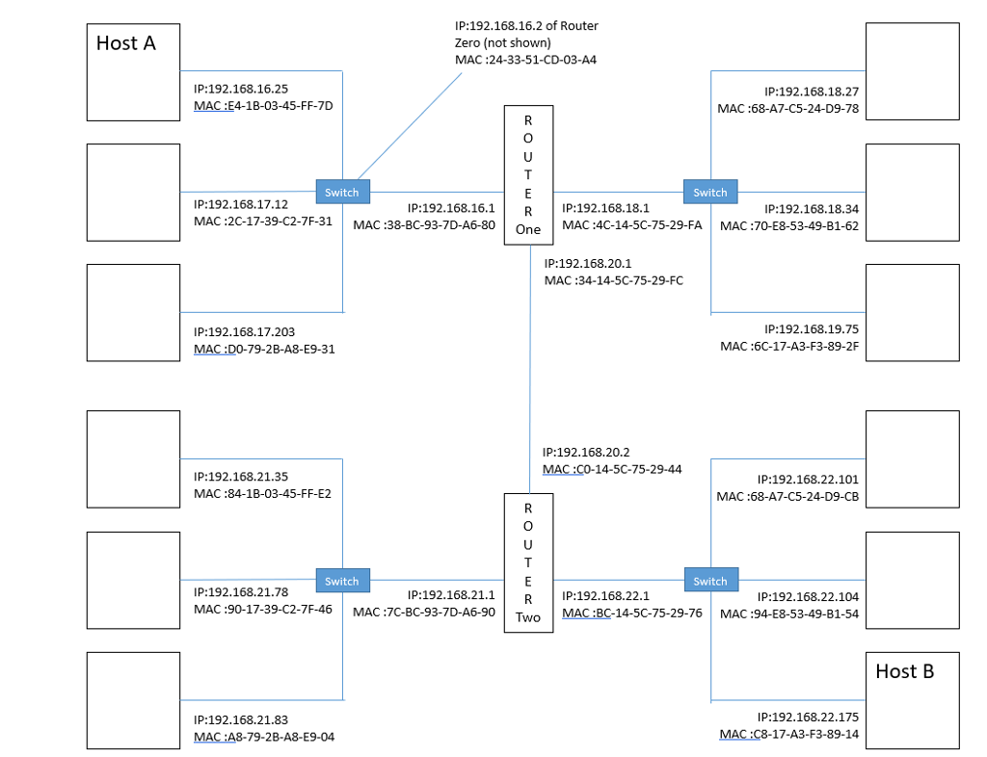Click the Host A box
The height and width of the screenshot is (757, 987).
133,72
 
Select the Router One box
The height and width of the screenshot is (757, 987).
527,175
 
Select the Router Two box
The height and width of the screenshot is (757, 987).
528,562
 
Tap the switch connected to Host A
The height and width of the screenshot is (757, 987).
342,192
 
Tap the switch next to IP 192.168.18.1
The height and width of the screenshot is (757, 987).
710,192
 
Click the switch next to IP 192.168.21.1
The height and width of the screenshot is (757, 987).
342,581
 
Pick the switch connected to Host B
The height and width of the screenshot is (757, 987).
711,581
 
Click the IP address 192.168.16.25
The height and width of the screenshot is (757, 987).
241,89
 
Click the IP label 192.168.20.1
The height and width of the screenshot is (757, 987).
588,263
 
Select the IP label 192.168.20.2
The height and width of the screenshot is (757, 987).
586,452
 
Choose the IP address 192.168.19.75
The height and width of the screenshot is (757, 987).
811,328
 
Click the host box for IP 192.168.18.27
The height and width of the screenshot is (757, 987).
912,70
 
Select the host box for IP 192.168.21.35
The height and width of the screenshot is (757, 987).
133,458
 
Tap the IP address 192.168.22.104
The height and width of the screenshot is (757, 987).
807,597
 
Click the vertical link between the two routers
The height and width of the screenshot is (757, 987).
529,366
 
